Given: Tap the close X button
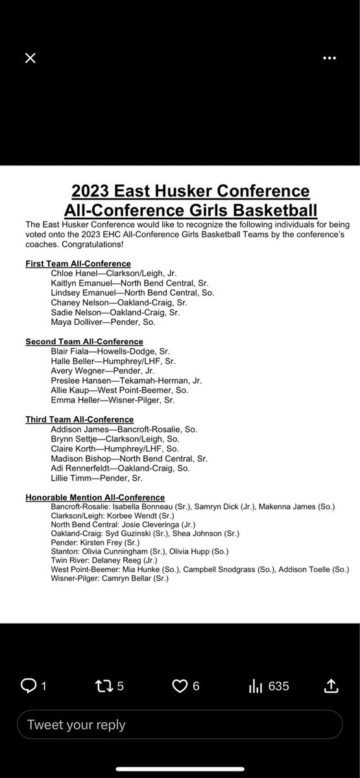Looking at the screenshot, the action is pyautogui.click(x=30, y=58).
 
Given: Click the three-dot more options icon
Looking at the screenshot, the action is pyautogui.click(x=330, y=58).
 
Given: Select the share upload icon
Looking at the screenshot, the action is pyautogui.click(x=330, y=686).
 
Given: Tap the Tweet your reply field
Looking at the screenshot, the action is pyautogui.click(x=180, y=725).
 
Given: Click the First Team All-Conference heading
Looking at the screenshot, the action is pyautogui.click(x=78, y=264).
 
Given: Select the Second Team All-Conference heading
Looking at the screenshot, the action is pyautogui.click(x=84, y=342).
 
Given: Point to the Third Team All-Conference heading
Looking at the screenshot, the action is pyautogui.click(x=79, y=419).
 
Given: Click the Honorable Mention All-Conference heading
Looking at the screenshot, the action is pyautogui.click(x=95, y=497).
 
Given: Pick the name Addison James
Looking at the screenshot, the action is pyautogui.click(x=77, y=429).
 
